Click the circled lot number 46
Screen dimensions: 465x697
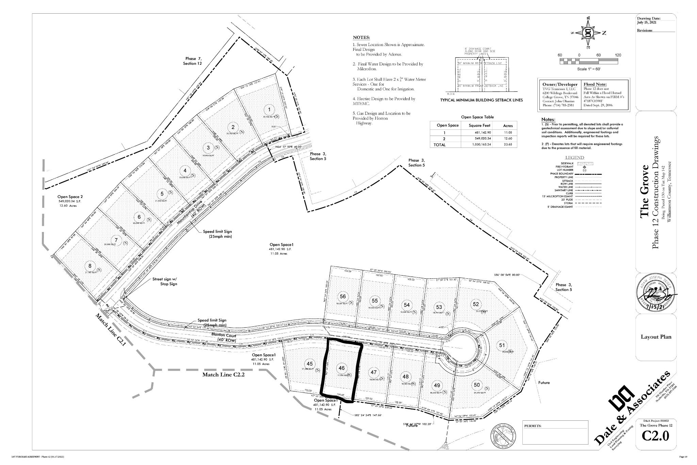point(341,368)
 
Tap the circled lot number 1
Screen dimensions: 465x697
point(270,110)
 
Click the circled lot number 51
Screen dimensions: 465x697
point(502,345)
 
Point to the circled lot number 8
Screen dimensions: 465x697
point(90,266)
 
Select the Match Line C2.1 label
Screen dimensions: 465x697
point(111,329)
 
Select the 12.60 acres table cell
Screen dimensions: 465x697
point(507,139)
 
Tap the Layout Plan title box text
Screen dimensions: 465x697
point(656,337)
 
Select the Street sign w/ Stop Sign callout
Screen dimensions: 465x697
point(164,281)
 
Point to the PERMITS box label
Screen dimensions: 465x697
point(533,426)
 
